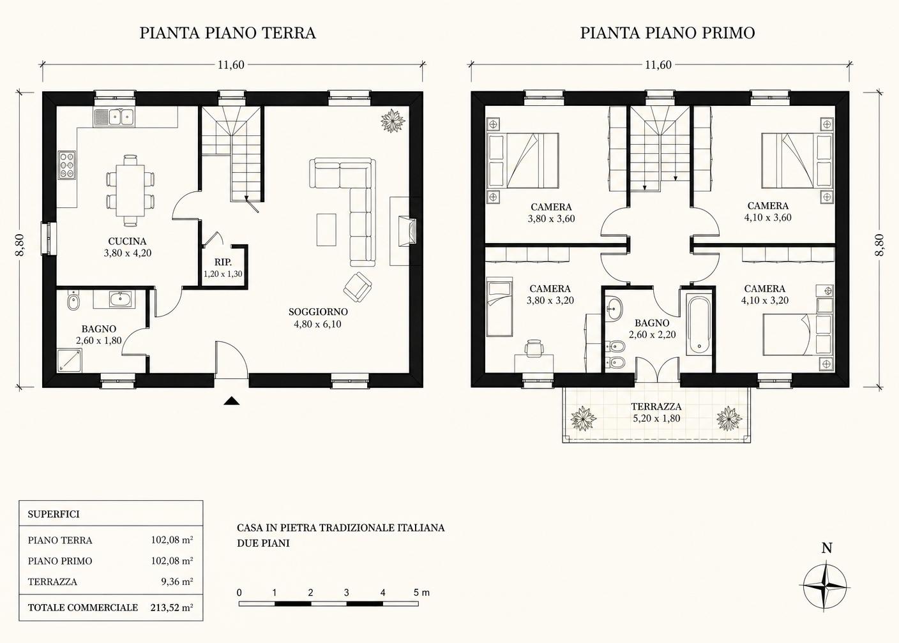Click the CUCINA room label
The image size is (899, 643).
[127, 241]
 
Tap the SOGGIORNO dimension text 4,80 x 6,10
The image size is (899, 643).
[317, 324]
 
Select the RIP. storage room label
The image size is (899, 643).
[223, 262]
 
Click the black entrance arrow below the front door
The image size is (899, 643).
[232, 401]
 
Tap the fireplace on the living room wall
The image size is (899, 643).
[406, 231]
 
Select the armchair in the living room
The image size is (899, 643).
[357, 287]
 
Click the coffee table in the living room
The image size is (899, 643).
[326, 230]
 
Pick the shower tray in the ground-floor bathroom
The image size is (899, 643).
[70, 360]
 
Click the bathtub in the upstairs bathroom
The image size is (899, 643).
[699, 325]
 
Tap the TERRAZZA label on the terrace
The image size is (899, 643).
[656, 407]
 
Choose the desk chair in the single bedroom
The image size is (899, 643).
[534, 348]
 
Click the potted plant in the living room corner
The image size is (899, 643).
[393, 120]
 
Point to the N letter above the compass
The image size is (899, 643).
[827, 548]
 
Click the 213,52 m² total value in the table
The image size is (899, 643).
[172, 607]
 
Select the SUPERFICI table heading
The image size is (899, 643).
[54, 514]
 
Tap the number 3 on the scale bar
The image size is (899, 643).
[346, 593]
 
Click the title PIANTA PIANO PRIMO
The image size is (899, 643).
[667, 33]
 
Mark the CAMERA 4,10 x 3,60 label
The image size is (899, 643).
[767, 212]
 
